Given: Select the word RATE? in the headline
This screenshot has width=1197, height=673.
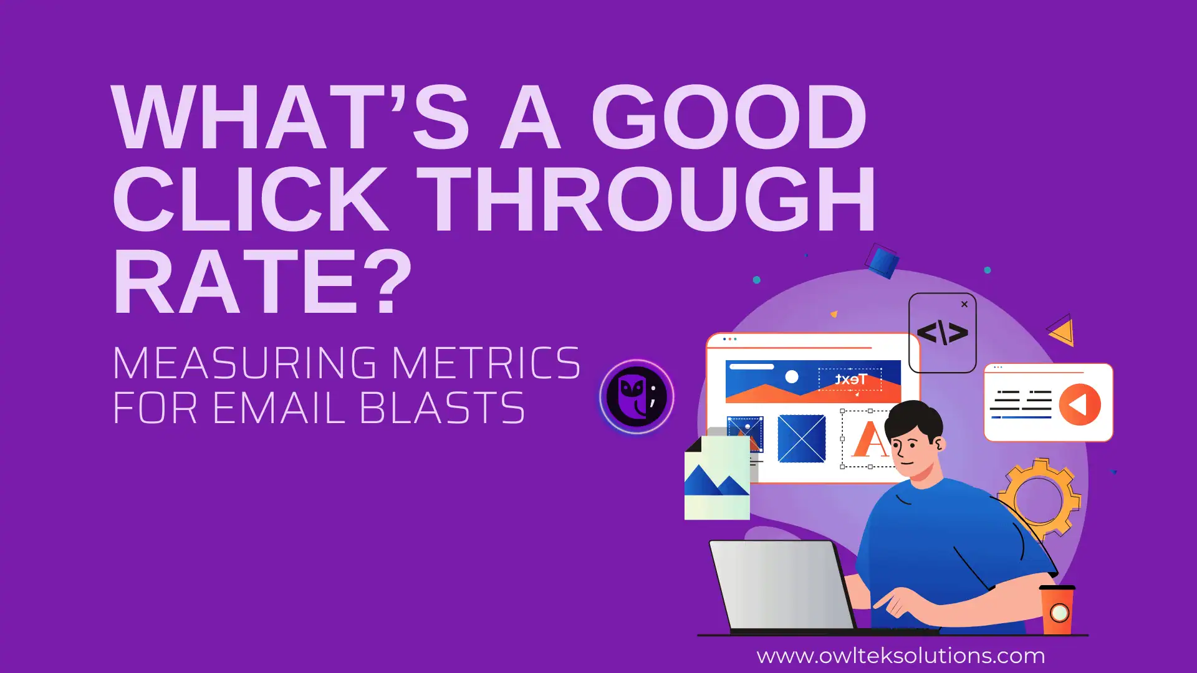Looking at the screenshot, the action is [x=262, y=280].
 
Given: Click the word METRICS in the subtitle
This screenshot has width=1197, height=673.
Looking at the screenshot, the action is [x=486, y=363].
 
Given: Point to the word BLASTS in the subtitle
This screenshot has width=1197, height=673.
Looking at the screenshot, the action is [x=442, y=408].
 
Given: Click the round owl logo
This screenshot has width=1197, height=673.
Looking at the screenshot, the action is [x=637, y=397].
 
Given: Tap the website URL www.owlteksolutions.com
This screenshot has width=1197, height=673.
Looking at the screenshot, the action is [x=900, y=656].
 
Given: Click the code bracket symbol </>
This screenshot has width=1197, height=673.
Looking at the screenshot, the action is [x=943, y=333].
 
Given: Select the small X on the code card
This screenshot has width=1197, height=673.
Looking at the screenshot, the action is [x=964, y=304].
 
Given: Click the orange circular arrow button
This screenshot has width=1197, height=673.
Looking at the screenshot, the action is [x=1080, y=404].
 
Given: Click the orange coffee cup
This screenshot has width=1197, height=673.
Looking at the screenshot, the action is [x=1057, y=609].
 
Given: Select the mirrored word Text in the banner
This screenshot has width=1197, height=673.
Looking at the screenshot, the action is [x=850, y=379].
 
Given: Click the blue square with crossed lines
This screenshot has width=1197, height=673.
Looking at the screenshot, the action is [x=802, y=439].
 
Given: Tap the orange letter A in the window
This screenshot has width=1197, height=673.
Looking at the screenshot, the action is [x=870, y=439].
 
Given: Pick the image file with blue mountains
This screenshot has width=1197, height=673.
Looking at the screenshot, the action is [x=717, y=477].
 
